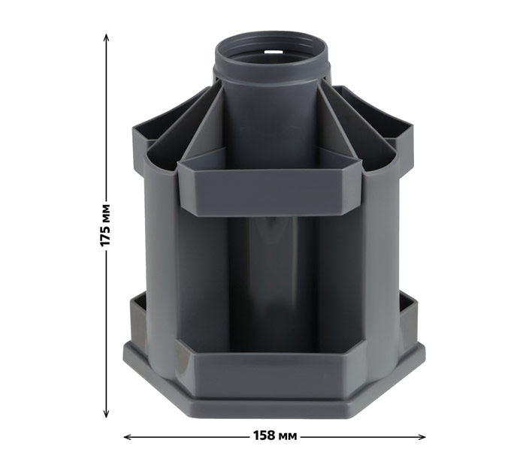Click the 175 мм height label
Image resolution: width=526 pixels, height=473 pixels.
[x=105, y=225]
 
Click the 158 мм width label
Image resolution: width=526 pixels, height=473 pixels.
[x=274, y=435]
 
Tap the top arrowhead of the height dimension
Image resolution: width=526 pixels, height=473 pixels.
[x=106, y=37]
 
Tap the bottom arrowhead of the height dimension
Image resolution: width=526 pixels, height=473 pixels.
[x=106, y=414]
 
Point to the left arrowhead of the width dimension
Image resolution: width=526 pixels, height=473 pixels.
[x=128, y=437]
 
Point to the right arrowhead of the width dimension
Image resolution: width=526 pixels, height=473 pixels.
[x=422, y=437]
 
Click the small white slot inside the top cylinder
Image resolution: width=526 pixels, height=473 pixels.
[x=273, y=52]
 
